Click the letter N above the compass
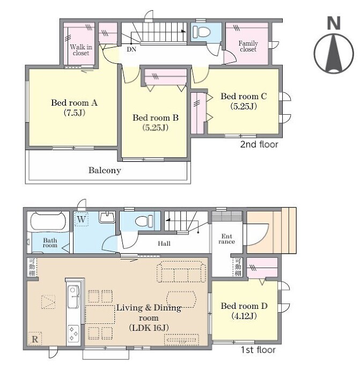[x=334, y=23]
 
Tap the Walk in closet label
[x=81, y=50]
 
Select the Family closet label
[x=248, y=46]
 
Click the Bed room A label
[x=75, y=102]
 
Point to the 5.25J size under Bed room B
[x=156, y=128]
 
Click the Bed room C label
[x=244, y=97]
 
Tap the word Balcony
[x=105, y=170]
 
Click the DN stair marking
[x=131, y=49]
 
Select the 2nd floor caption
[x=259, y=144]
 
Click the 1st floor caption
[x=258, y=350]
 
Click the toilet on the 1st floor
[x=144, y=221]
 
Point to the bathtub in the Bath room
[x=48, y=220]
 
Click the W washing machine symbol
[x=81, y=219]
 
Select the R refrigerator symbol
[x=35, y=339]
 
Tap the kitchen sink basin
[x=73, y=297]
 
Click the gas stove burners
[x=73, y=334]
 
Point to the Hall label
[x=164, y=243]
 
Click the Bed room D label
[x=244, y=306]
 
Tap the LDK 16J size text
[x=149, y=328]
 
